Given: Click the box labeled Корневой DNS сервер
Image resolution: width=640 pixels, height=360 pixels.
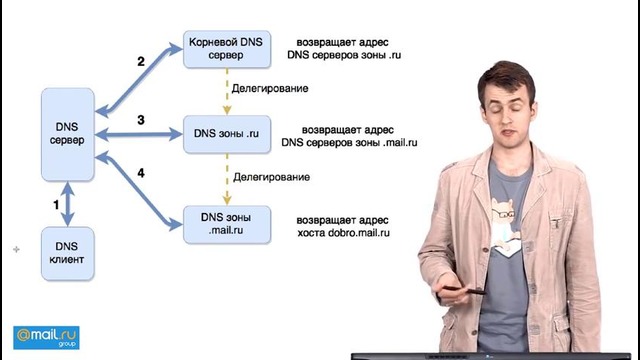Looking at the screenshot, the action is tap(227, 49).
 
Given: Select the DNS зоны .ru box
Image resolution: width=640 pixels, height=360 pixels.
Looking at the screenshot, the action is tap(227, 134).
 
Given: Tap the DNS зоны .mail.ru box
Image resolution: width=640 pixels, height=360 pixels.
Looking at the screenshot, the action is tap(227, 224).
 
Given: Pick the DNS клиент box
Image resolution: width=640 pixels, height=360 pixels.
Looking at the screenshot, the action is tap(68, 253).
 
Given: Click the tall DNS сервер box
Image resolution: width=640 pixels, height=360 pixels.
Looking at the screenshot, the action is tap(68, 134).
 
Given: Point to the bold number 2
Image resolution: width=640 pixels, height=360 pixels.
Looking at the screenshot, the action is tap(141, 62).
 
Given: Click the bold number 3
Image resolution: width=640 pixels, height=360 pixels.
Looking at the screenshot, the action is tap(141, 120).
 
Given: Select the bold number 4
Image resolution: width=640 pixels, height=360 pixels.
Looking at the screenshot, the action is tap(141, 173).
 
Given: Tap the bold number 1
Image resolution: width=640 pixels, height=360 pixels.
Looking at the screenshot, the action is tap(56, 205).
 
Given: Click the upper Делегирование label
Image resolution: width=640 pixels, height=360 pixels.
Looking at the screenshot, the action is tap(270, 89).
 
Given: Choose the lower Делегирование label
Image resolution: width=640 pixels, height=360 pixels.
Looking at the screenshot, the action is tap(271, 177).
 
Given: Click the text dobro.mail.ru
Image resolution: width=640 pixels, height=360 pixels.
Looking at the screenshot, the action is tap(359, 233).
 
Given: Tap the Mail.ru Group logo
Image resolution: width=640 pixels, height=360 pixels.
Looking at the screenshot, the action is tap(46, 338).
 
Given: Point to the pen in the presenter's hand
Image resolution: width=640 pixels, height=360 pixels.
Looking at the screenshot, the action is tap(464, 290).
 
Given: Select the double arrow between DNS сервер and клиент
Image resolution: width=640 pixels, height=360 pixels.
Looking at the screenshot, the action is tap(68, 204).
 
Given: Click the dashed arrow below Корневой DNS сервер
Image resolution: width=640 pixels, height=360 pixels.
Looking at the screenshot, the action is tap(227, 92).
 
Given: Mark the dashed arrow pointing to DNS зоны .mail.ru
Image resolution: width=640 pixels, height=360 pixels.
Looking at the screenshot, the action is tap(227, 180).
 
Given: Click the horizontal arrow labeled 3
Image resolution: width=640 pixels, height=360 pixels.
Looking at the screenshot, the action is tap(139, 134).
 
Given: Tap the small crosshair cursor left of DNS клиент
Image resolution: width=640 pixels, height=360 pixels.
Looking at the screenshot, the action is tap(16, 249).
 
